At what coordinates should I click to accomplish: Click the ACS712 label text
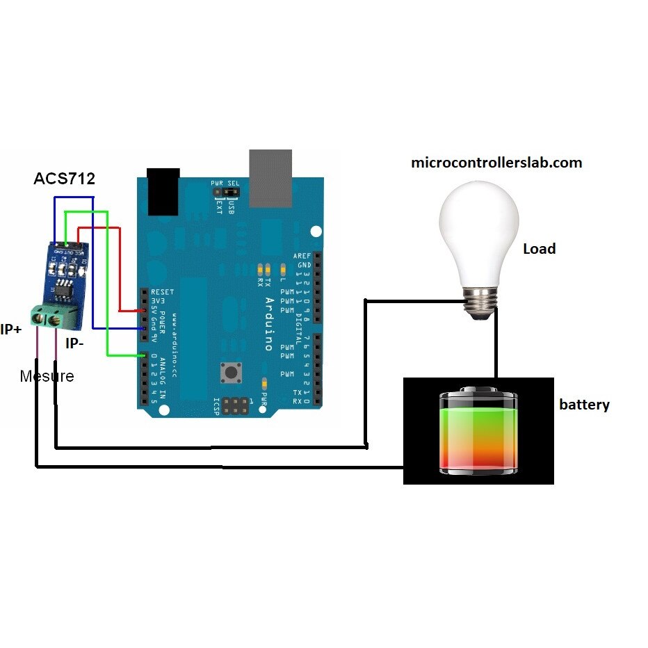point(64,179)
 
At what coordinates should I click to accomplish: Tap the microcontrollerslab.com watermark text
point(496,163)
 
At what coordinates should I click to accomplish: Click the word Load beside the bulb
point(539,249)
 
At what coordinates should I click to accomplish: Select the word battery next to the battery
point(584,405)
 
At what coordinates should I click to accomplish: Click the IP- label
point(76,343)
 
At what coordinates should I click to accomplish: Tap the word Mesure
point(47,376)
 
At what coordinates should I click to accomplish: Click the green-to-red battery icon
point(478,431)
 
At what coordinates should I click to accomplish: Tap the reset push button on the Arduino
point(230,373)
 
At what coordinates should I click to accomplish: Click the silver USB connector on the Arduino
point(270,178)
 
